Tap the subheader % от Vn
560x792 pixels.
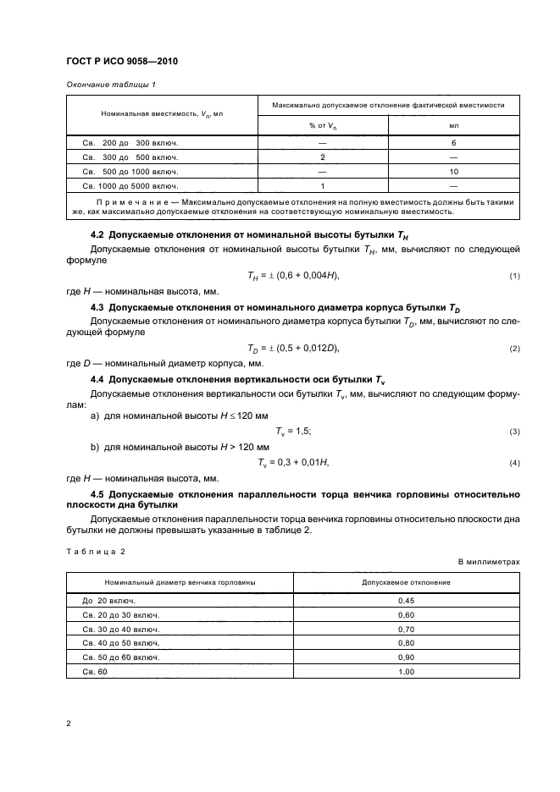pyautogui.click(x=323, y=125)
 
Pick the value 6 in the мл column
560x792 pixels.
pyautogui.click(x=453, y=143)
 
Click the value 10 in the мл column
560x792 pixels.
pyautogui.click(x=453, y=171)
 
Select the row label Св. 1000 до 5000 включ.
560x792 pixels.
pyautogui.click(x=130, y=184)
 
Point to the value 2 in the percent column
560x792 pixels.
pyautogui.click(x=323, y=157)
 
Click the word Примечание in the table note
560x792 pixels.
pyautogui.click(x=127, y=203)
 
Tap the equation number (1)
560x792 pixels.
pyautogui.click(x=513, y=277)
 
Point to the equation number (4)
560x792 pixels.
pyautogui.click(x=513, y=463)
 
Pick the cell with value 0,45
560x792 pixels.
pyautogui.click(x=406, y=600)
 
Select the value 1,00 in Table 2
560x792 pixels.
pyautogui.click(x=406, y=672)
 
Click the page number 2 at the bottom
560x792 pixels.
pyautogui.click(x=68, y=724)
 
